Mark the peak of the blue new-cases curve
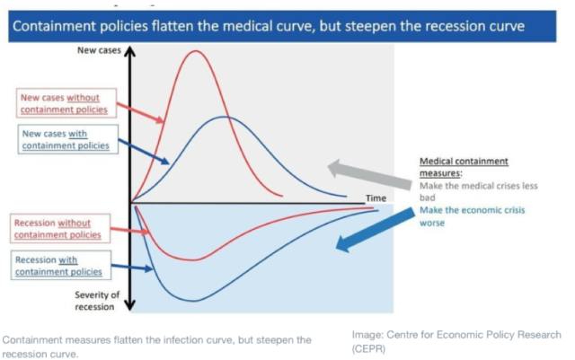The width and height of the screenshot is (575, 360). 227,117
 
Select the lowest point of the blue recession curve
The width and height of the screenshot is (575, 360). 193,300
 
